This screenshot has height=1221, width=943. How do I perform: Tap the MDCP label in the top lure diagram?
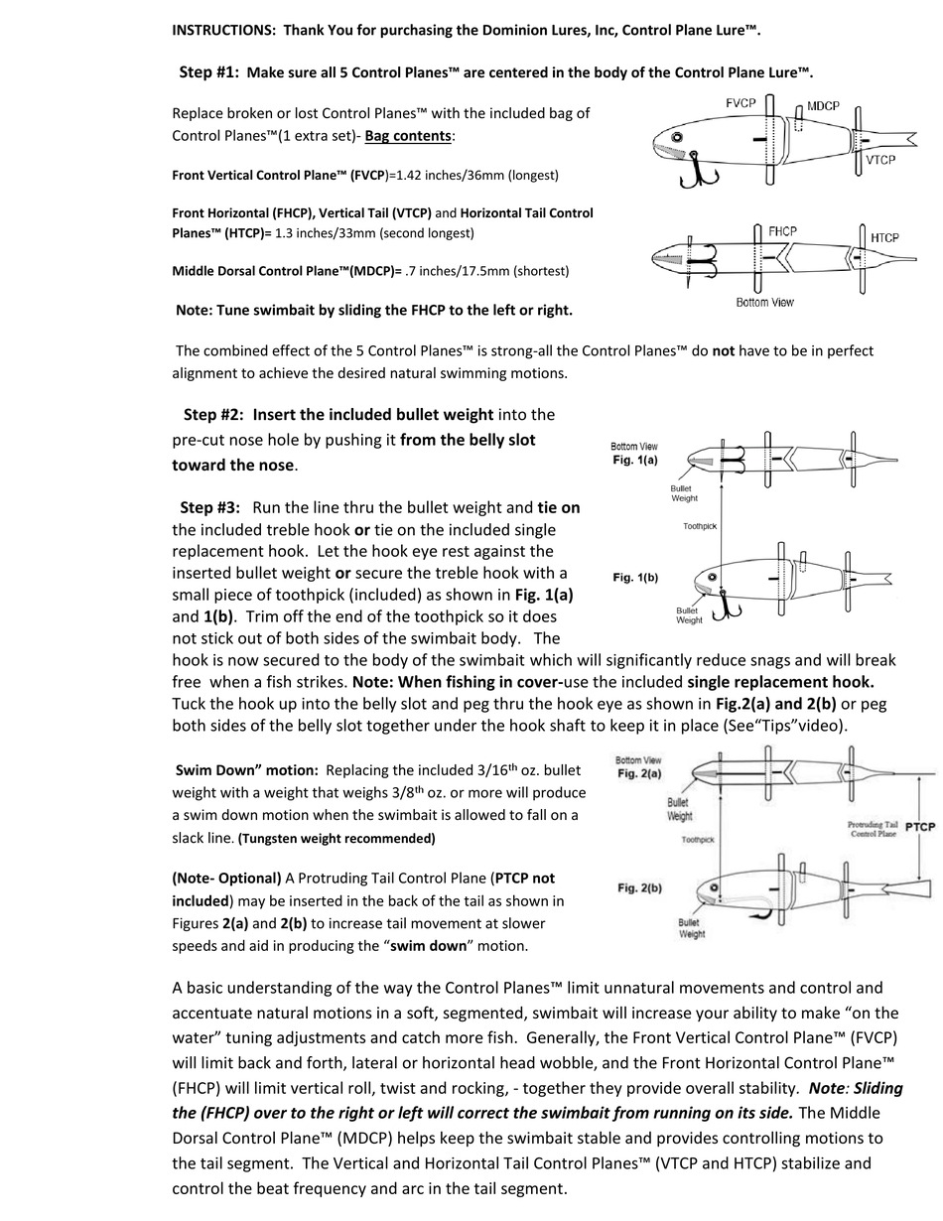coord(823,105)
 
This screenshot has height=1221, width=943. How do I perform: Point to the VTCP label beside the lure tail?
coord(880,159)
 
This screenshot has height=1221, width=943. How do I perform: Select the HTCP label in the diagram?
coord(884,237)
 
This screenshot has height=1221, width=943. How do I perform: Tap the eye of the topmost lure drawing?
coord(677,137)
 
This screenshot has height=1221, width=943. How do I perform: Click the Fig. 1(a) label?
coord(634,461)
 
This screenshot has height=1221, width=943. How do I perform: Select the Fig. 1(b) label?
coord(634,578)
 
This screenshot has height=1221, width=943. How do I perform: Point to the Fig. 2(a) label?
coord(638,772)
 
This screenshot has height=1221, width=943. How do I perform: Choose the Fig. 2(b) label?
coord(638,887)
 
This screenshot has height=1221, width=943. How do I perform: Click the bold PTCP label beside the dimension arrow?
coord(920,826)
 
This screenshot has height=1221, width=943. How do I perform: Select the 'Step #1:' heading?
coord(208,72)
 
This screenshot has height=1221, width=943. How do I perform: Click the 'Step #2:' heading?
coord(213,414)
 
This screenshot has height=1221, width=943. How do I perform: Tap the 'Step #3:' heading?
coord(209,507)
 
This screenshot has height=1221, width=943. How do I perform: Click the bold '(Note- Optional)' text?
coord(226,878)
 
